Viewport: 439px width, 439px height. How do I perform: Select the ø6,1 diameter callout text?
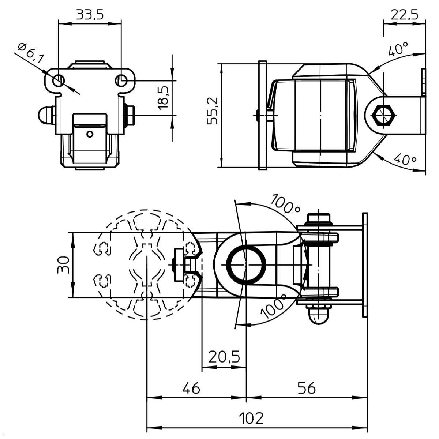tap(31, 53)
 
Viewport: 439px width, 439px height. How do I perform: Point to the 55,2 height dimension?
tap(212, 111)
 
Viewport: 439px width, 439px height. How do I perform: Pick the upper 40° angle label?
tap(398, 49)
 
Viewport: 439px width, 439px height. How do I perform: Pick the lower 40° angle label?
tap(405, 159)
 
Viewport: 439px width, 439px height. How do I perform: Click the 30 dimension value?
tap(63, 264)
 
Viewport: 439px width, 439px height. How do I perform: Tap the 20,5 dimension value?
tap(224, 356)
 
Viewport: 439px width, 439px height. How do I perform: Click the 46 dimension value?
tap(191, 388)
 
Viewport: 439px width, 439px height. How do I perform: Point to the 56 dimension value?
tap(307, 388)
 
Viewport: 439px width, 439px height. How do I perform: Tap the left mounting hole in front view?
tap(58, 80)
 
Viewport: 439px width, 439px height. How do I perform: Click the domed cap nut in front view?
tap(45, 115)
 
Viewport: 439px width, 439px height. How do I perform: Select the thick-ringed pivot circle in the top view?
tap(245, 264)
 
